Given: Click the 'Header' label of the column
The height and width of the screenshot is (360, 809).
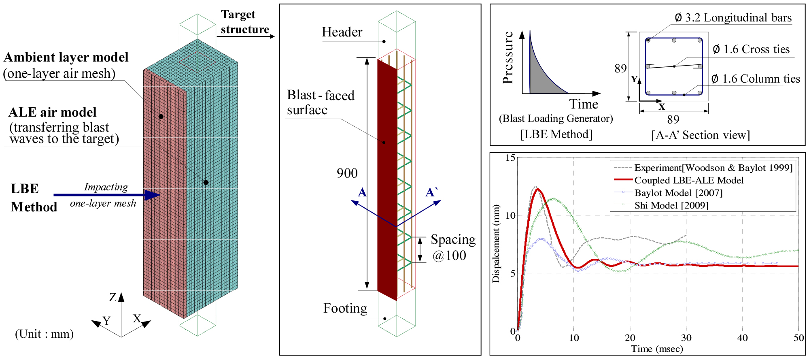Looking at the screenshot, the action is click(342, 32).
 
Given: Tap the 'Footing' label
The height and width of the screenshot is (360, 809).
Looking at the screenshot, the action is click(345, 309).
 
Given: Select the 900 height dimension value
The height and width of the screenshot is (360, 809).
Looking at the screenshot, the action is click(347, 173).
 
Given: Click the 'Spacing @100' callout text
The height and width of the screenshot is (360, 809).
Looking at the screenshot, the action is click(453, 247).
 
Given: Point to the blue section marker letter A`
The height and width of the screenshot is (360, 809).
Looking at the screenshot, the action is click(432, 192).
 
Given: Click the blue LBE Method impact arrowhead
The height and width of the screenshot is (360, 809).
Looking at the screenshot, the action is click(153, 195).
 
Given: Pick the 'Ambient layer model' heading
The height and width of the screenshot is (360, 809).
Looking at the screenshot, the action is click(66, 57).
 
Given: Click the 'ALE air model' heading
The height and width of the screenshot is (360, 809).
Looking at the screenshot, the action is click(53, 112).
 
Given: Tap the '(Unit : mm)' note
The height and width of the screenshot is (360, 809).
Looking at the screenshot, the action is click(45, 334).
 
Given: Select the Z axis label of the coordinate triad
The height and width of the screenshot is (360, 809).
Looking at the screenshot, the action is click(113, 298).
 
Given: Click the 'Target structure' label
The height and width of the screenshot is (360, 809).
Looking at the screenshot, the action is click(244, 22).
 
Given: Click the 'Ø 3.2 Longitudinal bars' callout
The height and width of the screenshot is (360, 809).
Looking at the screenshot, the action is click(733, 18).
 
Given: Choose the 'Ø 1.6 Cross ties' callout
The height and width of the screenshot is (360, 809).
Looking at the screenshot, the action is click(751, 49).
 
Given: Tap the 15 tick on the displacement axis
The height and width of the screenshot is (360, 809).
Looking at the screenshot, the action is click(510, 158).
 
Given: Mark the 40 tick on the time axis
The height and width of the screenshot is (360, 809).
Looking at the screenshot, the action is click(742, 338).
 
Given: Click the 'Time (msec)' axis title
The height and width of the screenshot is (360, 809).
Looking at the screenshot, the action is click(657, 349).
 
